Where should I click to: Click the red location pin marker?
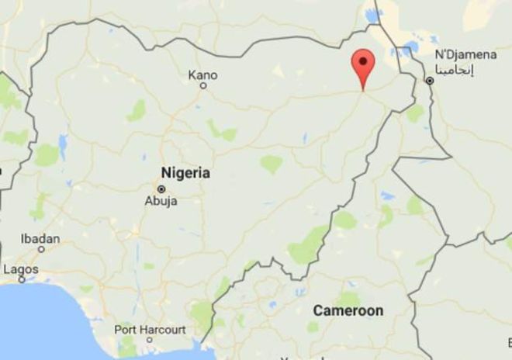(x=362, y=68)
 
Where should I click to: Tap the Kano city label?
(x=203, y=75)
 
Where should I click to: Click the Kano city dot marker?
(x=203, y=86)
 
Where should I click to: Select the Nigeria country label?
(x=185, y=173)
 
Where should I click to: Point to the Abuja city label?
(x=161, y=201)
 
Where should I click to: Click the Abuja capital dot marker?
(x=161, y=189)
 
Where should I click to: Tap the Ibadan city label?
(x=40, y=238)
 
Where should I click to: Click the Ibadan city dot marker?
(x=41, y=249)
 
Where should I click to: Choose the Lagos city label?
(x=20, y=269)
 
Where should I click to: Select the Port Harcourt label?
(x=150, y=329)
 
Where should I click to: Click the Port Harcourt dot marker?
(x=149, y=340)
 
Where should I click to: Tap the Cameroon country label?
(x=348, y=310)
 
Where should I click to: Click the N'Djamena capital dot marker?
(x=429, y=80)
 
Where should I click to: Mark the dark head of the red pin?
(x=362, y=61)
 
